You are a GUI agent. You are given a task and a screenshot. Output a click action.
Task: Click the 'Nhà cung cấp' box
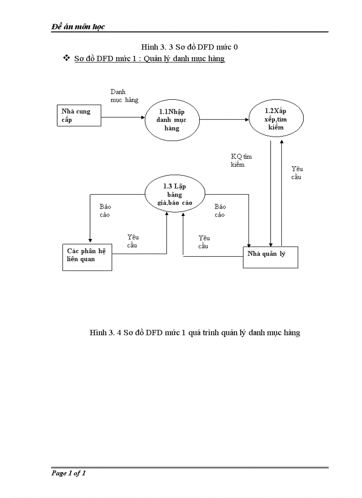(79, 116)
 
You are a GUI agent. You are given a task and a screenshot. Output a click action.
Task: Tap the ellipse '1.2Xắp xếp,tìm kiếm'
(276, 119)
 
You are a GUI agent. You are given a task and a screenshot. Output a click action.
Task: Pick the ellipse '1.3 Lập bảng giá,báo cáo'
(175, 194)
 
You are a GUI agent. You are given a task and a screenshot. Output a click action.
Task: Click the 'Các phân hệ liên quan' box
(87, 257)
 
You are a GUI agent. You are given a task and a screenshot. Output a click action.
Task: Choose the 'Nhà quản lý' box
(270, 256)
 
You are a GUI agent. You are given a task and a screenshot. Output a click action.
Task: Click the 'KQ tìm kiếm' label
(241, 161)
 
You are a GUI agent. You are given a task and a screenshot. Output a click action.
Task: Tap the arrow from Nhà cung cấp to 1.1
(123, 118)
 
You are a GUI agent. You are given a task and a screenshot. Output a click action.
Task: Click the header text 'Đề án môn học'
(78, 27)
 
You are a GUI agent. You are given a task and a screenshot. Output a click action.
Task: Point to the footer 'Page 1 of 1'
(68, 473)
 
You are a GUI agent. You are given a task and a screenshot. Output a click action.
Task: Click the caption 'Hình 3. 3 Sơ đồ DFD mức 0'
(193, 47)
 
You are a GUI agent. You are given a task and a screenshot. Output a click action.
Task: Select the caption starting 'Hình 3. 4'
(195, 333)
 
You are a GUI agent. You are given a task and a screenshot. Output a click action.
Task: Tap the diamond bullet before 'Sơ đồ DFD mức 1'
(67, 58)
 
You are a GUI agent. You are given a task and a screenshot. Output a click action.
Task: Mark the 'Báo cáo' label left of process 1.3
(105, 211)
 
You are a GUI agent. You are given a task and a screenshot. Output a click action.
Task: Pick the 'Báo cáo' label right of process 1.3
(220, 211)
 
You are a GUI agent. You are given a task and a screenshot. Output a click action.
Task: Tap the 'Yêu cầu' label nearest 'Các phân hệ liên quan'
(133, 241)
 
